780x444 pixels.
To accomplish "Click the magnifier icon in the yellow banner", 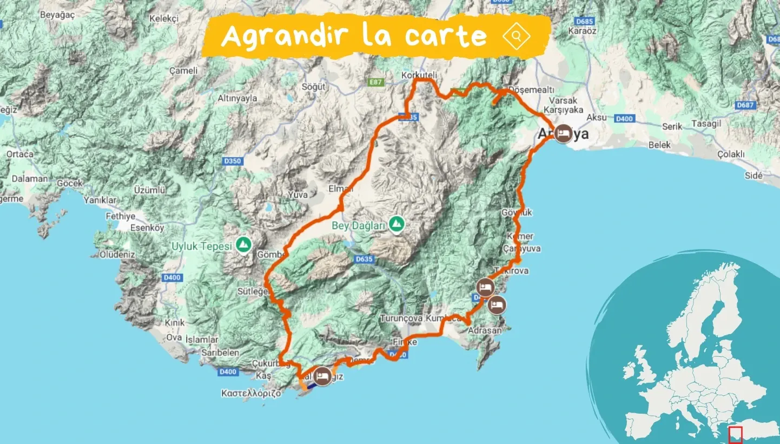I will point(517,36).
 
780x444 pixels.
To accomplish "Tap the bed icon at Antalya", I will point(563,133).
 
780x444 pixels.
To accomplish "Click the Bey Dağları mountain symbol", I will point(398,223).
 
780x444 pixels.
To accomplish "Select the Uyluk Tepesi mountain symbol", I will point(243,245).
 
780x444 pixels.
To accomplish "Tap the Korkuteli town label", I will point(419,75).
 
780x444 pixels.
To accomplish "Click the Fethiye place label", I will point(120,216).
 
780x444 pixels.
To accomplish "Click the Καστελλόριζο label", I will point(251,393).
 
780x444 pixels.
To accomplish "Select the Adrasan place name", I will point(485,330).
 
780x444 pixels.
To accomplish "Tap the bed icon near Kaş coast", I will point(323,375).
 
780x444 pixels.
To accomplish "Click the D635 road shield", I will point(365,259).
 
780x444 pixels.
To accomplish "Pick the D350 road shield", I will point(233,161).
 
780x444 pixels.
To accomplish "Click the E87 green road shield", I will point(375,82).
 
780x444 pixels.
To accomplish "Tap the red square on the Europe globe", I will point(735,434).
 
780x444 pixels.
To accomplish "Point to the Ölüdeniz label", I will point(117,254).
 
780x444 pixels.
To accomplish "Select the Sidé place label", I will point(753,176).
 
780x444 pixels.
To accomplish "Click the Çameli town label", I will point(183,71).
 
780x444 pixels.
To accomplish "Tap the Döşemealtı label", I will point(528,90).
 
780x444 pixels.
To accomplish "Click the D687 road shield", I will point(745,105).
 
